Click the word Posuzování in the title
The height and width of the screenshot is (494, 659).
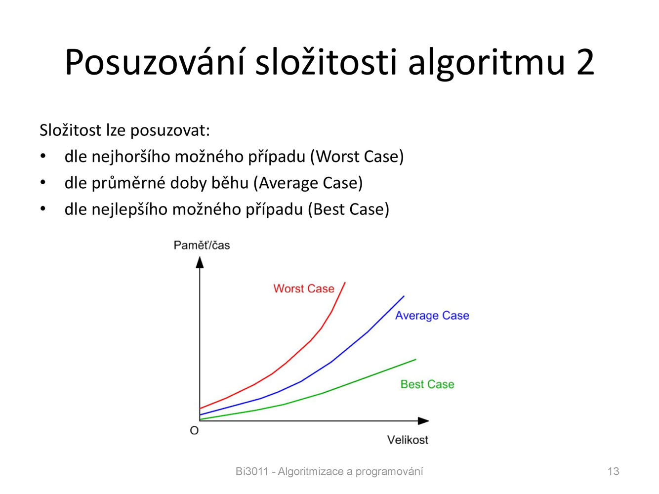[155, 62]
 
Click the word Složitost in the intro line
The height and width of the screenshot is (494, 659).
[71, 130]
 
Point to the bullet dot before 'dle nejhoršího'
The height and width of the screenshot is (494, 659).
[43, 156]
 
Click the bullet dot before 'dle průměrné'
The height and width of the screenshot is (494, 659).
[43, 182]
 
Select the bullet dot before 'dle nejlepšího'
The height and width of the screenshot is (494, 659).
[43, 208]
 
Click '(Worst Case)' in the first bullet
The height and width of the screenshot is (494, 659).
[357, 157]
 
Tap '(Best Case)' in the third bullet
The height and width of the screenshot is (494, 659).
[349, 209]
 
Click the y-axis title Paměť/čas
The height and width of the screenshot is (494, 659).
[202, 245]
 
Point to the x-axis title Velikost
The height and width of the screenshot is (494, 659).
[408, 440]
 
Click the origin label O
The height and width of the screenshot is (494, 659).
[194, 431]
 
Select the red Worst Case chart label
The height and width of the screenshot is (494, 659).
[304, 288]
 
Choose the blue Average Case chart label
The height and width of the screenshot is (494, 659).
[432, 316]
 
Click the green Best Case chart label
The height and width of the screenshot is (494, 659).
[427, 384]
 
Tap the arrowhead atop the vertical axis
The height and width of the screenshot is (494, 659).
[200, 262]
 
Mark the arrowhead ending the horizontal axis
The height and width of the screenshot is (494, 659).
[423, 421]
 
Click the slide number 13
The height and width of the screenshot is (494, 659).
[614, 471]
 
